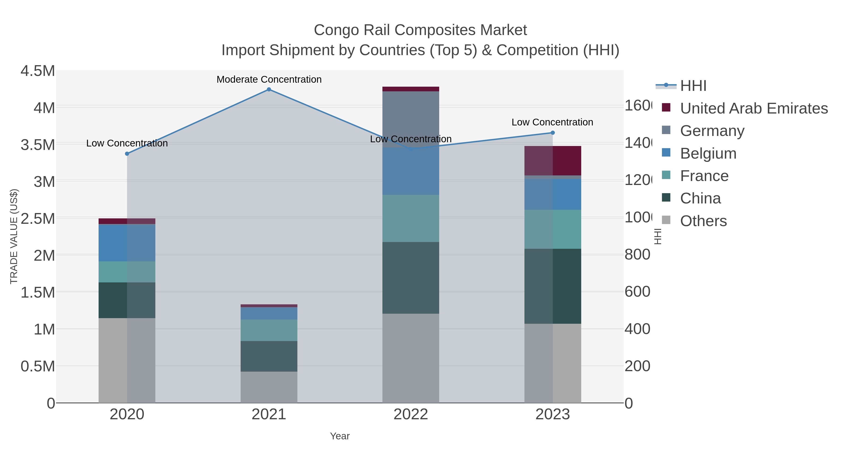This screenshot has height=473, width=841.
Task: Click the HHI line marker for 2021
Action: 269,89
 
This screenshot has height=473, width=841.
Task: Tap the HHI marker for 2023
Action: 552,133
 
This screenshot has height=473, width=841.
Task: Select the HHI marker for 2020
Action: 127,154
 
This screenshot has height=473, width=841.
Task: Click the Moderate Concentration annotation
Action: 269,80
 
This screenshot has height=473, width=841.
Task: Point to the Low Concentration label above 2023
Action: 552,122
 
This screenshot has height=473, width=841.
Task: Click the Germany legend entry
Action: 712,131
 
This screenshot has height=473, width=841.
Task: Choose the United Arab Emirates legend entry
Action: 753,108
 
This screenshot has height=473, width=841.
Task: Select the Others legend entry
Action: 703,221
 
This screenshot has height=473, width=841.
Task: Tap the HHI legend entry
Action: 693,86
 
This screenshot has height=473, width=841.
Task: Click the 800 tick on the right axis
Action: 637,255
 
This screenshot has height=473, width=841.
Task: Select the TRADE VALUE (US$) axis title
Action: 14,236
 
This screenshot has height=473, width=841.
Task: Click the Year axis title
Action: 339,436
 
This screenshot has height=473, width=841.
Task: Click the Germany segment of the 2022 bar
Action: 410,119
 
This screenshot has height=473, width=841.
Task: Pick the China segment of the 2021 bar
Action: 269,356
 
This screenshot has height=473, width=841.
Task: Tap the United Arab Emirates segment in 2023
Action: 552,161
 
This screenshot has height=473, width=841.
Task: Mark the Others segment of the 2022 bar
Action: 410,358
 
